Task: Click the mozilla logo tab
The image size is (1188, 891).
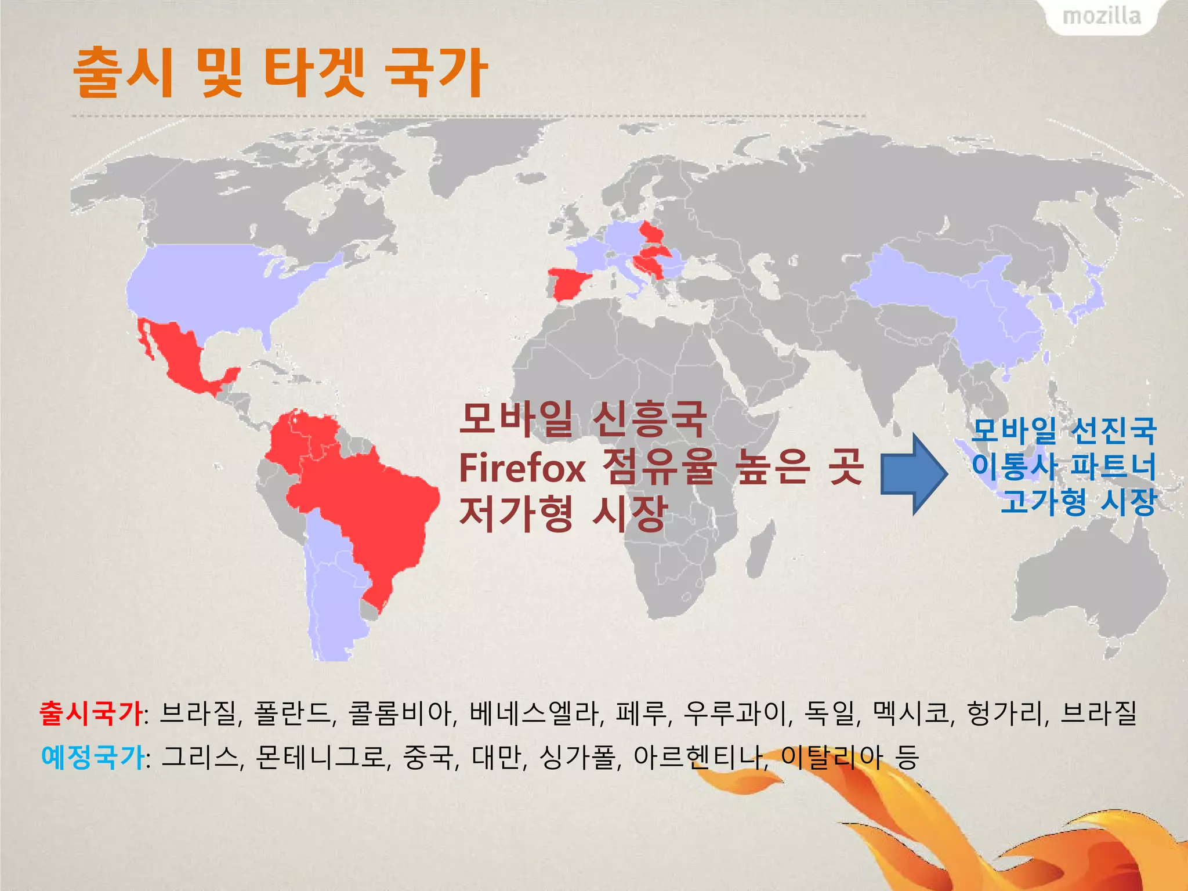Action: click(1101, 16)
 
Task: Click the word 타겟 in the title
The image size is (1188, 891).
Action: click(314, 73)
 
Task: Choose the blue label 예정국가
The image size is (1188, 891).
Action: click(93, 758)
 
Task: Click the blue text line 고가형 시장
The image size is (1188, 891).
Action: click(1079, 501)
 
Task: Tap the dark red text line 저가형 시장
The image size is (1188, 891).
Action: click(563, 514)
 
